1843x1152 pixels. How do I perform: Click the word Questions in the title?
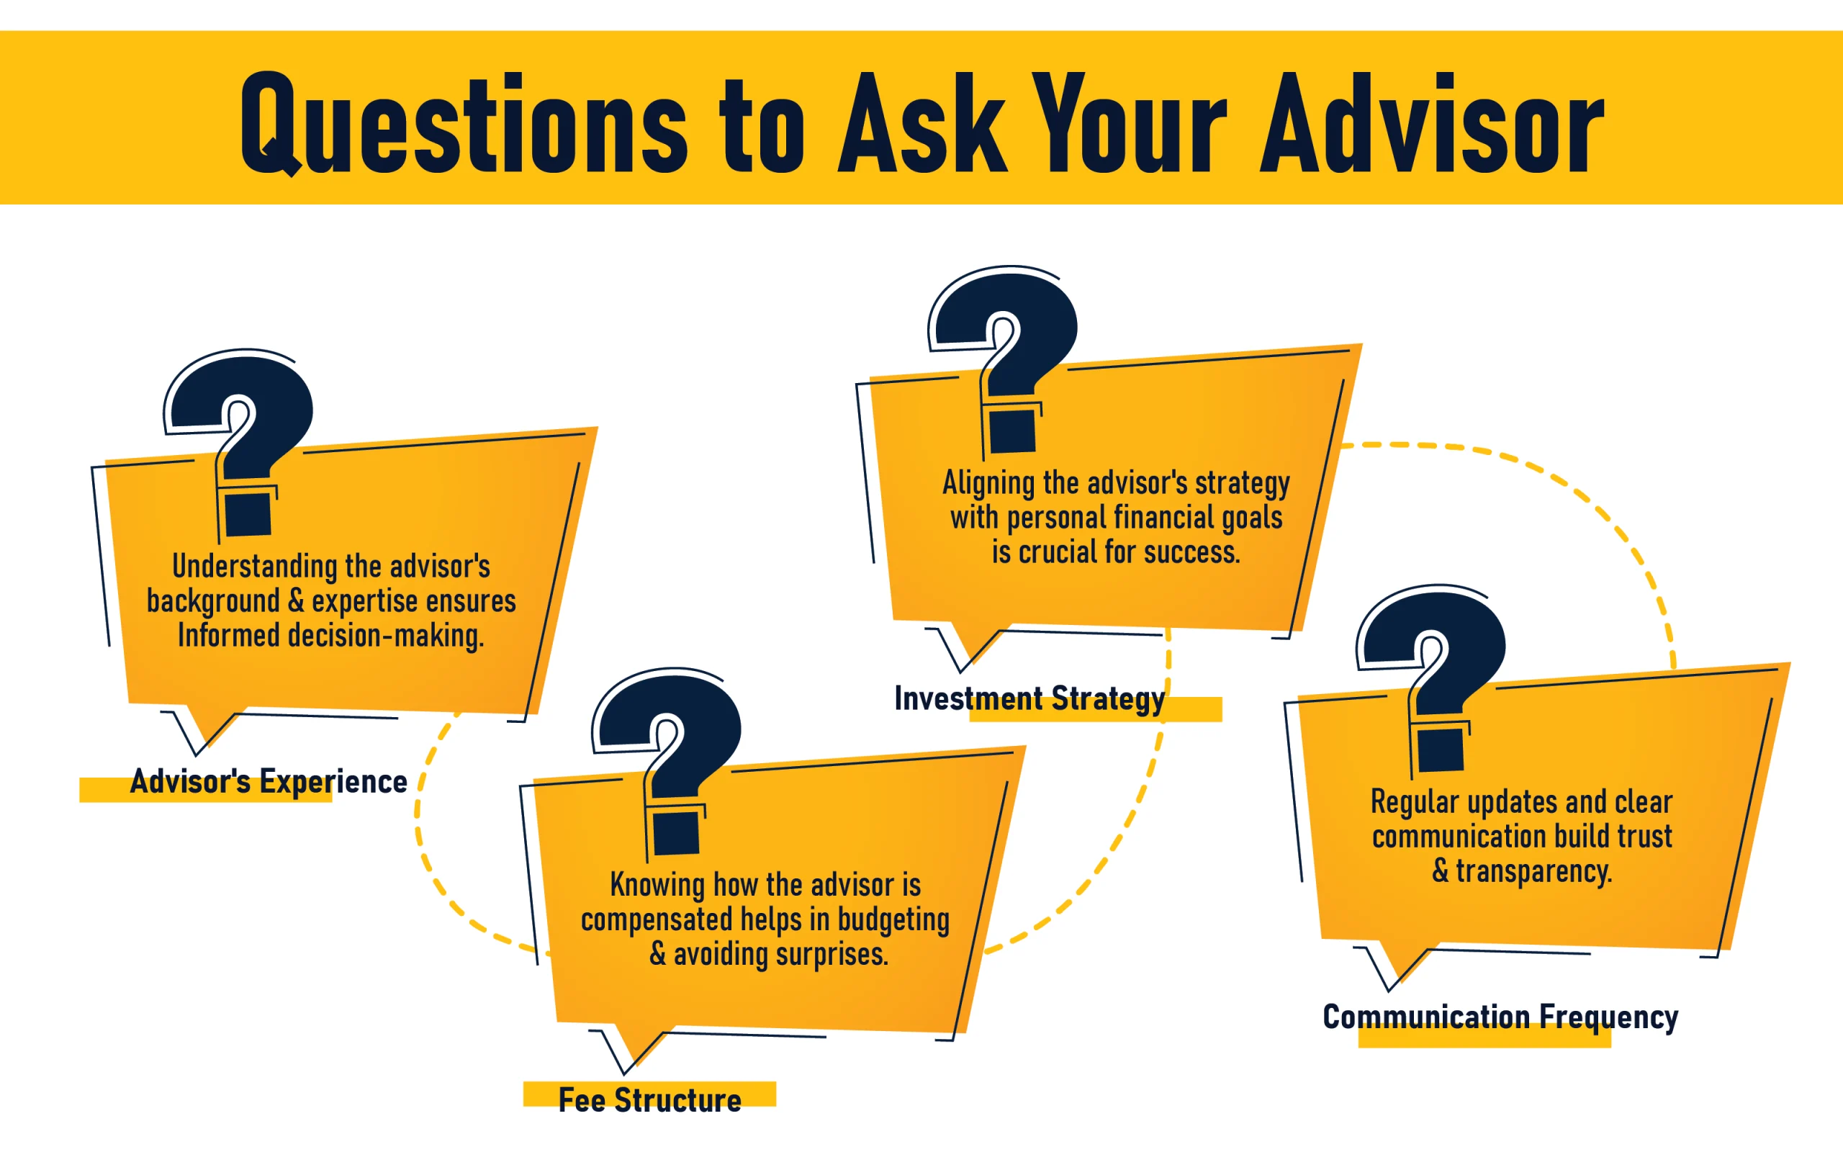click(x=464, y=123)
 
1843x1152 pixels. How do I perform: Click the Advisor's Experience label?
click(x=269, y=782)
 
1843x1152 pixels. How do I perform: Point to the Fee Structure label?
click(x=649, y=1100)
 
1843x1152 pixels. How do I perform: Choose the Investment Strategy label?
click(x=1029, y=699)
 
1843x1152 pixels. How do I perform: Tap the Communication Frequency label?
click(x=1500, y=1018)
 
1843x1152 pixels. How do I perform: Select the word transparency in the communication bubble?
click(x=1534, y=872)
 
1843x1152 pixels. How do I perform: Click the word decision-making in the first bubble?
click(x=385, y=636)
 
